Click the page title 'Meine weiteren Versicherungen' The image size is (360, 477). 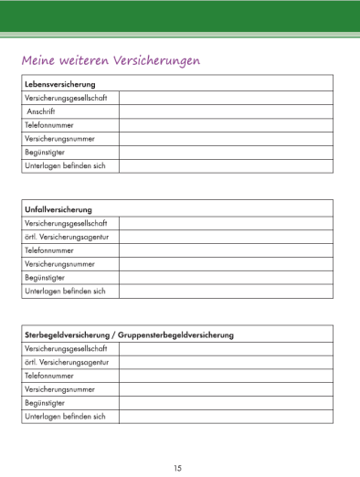(111, 60)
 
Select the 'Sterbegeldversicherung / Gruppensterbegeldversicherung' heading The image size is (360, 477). (129, 334)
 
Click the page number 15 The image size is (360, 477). (178, 468)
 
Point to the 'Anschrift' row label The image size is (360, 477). (41, 111)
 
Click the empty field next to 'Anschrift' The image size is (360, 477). (226, 111)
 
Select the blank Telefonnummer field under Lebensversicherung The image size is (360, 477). (226, 124)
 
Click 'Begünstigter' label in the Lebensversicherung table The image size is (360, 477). (44, 152)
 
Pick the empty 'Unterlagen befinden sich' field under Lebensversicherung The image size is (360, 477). (226, 165)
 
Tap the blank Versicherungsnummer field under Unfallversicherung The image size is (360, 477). (226, 263)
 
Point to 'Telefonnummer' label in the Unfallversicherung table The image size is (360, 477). (49, 249)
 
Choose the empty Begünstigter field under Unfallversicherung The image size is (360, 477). (226, 277)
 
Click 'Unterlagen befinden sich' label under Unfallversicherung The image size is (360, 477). (65, 291)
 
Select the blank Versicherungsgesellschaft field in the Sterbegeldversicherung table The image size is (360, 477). (226, 348)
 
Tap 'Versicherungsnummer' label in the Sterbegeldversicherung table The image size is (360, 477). (59, 388)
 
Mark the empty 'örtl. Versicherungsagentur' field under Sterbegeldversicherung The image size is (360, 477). (226, 362)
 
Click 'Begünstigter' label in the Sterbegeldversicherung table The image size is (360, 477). (44, 402)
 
